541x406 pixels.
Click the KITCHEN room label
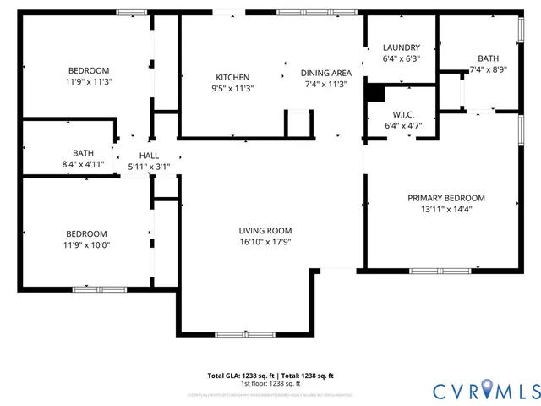[x=232, y=77]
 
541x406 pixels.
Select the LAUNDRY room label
[x=402, y=47]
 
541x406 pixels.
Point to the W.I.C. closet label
[x=402, y=114]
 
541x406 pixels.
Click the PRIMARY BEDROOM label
[x=446, y=198]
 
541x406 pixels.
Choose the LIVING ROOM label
[x=265, y=230]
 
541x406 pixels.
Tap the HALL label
[x=149, y=156]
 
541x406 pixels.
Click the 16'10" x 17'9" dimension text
[x=265, y=241]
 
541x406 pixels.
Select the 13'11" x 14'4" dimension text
[x=446, y=209]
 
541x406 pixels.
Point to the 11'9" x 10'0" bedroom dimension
[x=87, y=245]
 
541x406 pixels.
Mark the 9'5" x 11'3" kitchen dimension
[x=232, y=88]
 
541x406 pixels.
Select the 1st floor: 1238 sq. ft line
[x=270, y=383]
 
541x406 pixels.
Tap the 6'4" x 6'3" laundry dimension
[x=402, y=58]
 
